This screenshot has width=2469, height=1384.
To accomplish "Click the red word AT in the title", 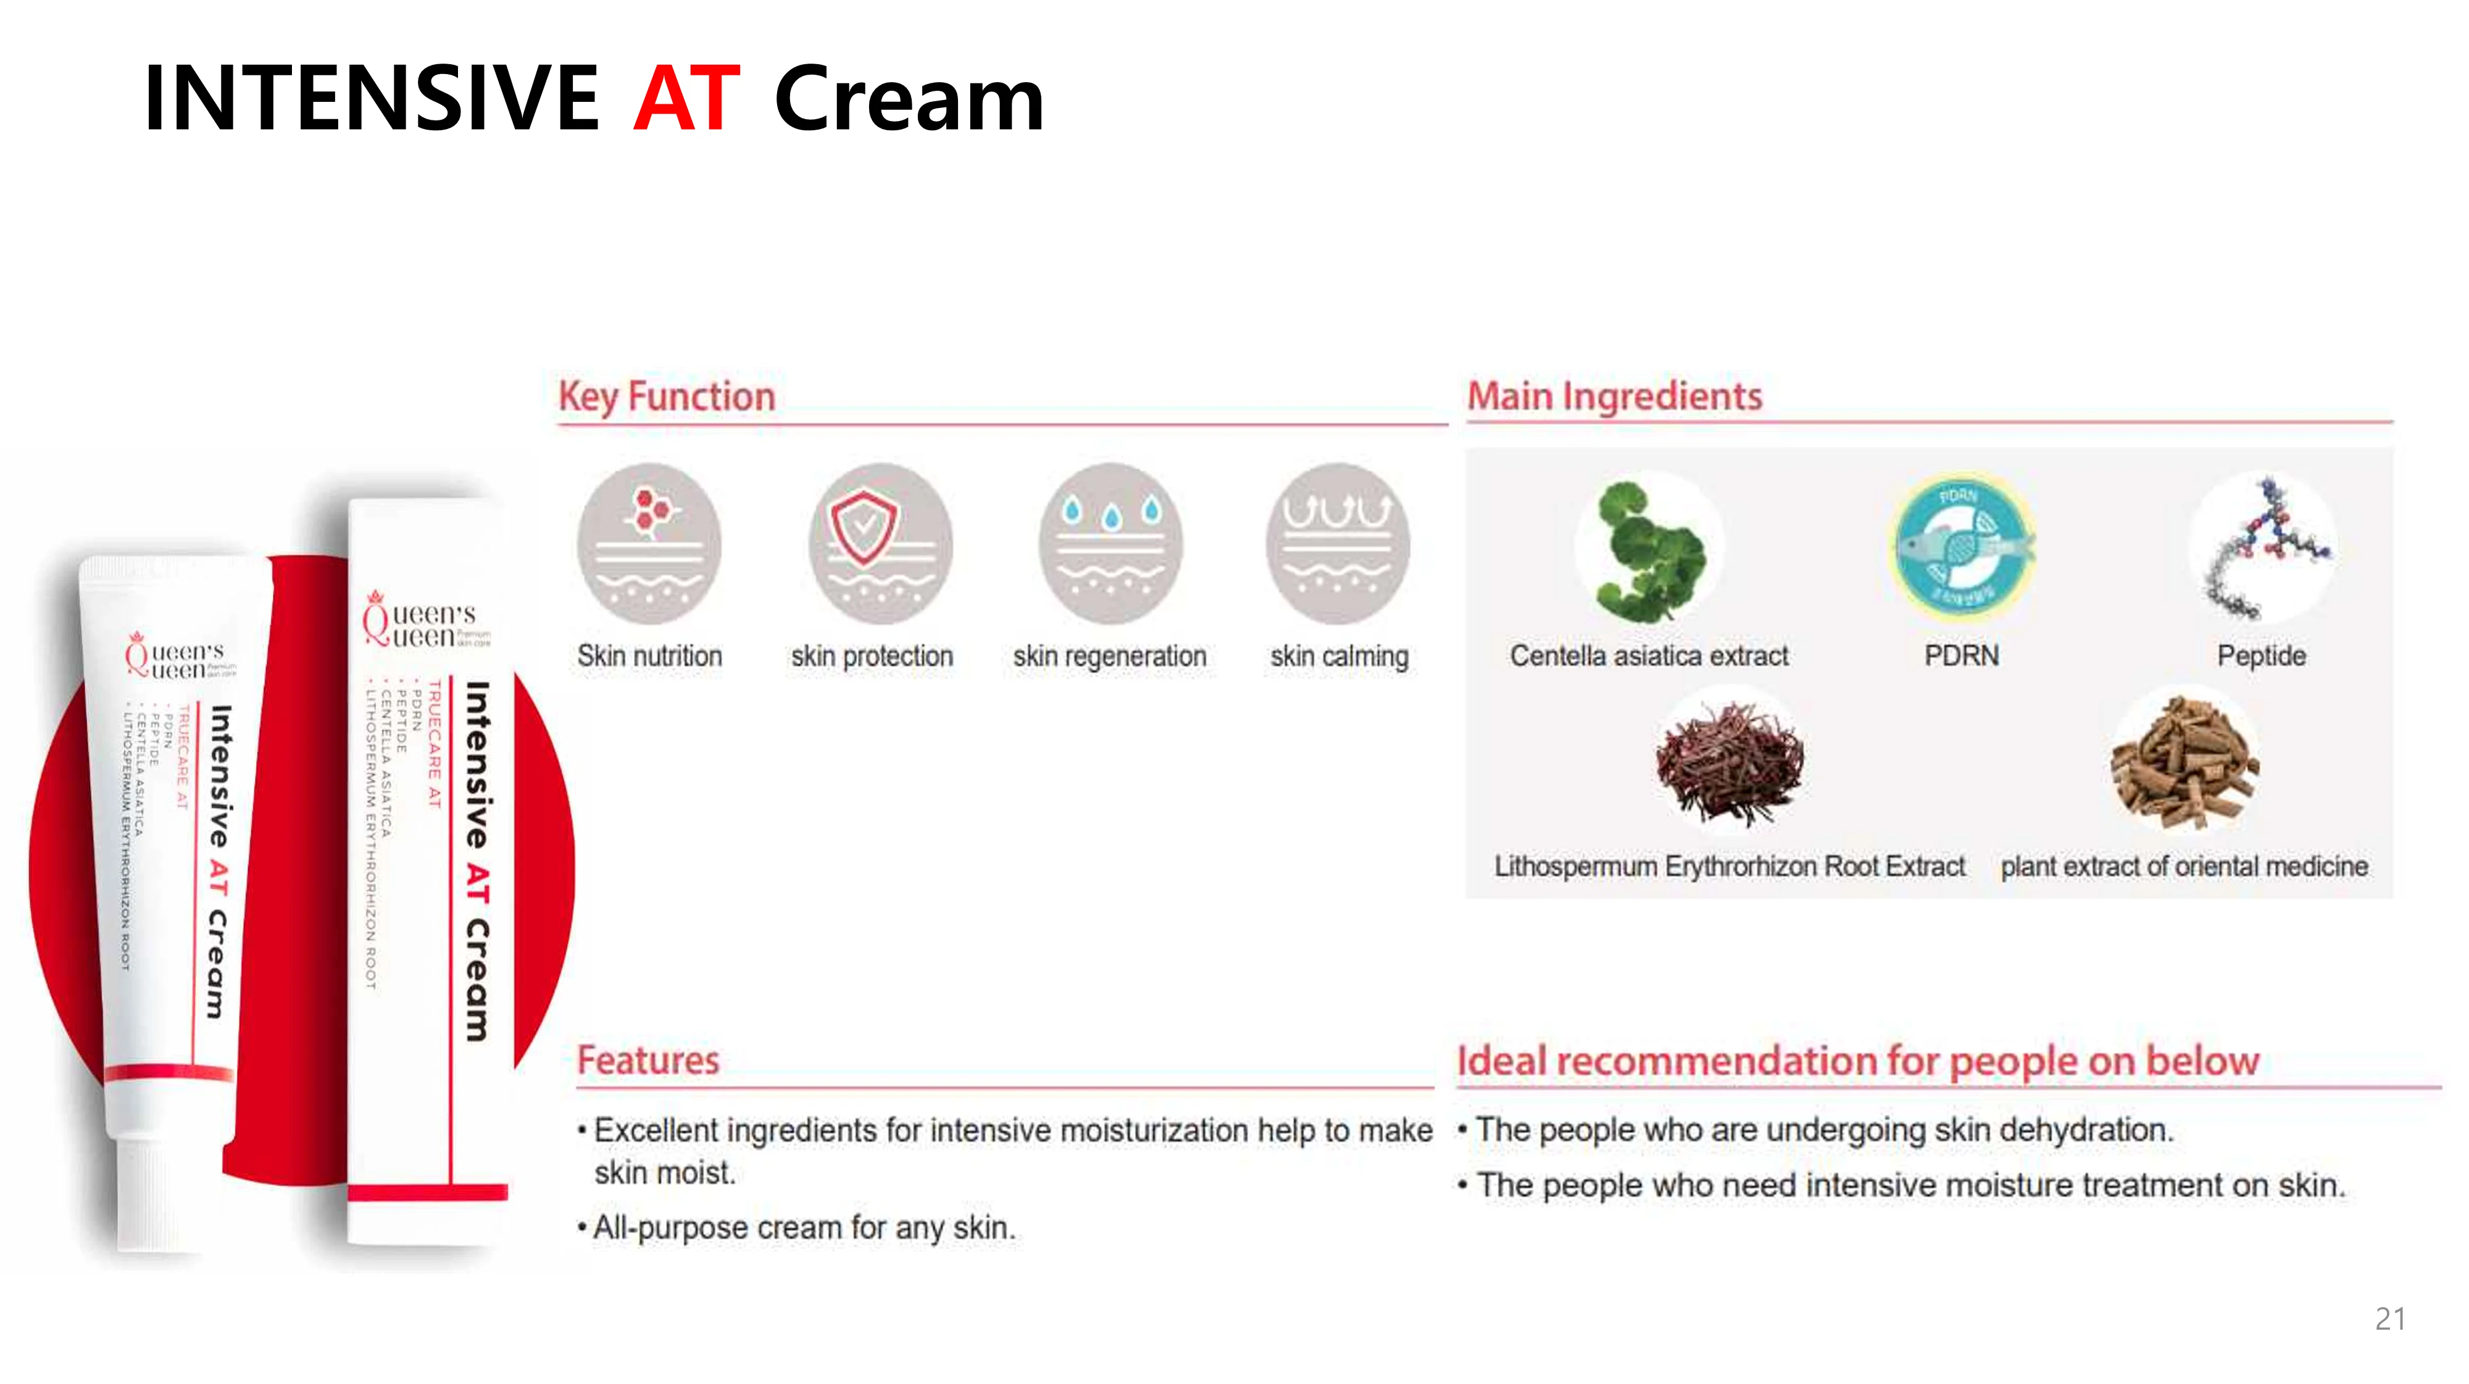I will pos(686,98).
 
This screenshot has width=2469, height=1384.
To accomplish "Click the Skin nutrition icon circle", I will pos(649,543).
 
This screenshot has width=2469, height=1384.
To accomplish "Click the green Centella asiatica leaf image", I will pos(1649,551).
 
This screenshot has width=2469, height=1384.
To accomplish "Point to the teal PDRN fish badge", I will pos(1961,546).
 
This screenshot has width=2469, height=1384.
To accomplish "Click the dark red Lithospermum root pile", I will pos(1729,762).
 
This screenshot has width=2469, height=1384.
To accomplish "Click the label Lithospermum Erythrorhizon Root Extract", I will pos(1729,867).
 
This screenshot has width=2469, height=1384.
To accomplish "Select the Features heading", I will pos(648,1060).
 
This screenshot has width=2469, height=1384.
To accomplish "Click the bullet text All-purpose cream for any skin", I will pos(803,1228).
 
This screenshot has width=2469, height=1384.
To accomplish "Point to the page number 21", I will pos(2389,1319).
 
